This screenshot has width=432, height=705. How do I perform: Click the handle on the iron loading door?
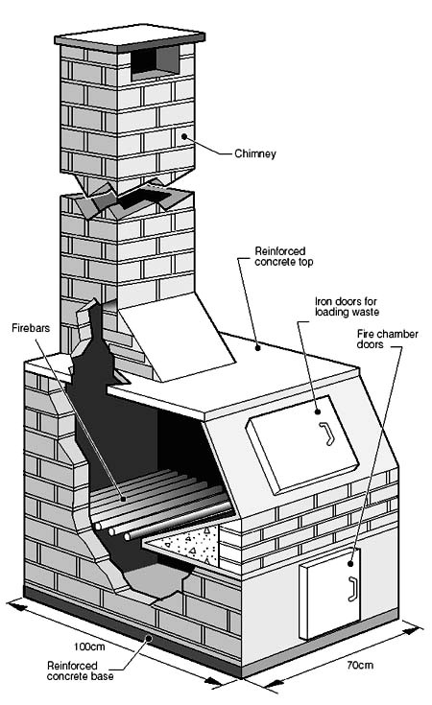pos(325,434)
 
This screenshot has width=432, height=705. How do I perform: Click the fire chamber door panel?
pos(326,599)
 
